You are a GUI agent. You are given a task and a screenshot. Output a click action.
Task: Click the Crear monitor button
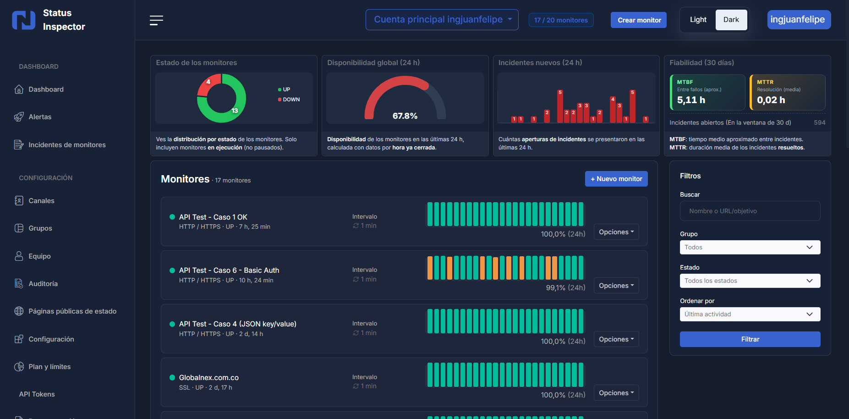tap(639, 20)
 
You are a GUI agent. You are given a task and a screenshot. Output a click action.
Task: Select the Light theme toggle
tap(698, 20)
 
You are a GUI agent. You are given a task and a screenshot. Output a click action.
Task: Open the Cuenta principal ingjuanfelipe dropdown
tap(442, 20)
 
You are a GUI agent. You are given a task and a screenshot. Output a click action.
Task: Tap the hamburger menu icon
tap(156, 20)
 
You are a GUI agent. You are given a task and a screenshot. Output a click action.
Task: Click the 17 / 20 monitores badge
tap(561, 20)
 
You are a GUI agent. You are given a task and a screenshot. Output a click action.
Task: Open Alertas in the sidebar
tap(40, 117)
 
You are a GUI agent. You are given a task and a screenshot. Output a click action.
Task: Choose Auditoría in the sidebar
tap(43, 284)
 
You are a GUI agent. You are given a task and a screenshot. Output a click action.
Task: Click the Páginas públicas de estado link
tap(72, 311)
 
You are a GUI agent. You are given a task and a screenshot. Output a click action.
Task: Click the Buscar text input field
tap(750, 211)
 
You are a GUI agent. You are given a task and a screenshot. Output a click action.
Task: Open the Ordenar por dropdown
tap(750, 314)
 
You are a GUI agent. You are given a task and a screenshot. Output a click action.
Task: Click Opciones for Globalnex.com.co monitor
tap(616, 393)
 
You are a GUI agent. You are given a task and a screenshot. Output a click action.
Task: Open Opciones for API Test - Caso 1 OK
tap(616, 232)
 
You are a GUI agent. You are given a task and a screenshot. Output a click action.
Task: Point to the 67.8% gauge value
tap(405, 116)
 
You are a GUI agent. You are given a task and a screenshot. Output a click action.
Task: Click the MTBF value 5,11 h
tap(691, 100)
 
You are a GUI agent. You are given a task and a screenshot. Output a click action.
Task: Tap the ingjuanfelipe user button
tap(798, 20)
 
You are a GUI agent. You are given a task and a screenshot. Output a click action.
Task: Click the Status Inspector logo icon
tap(23, 20)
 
